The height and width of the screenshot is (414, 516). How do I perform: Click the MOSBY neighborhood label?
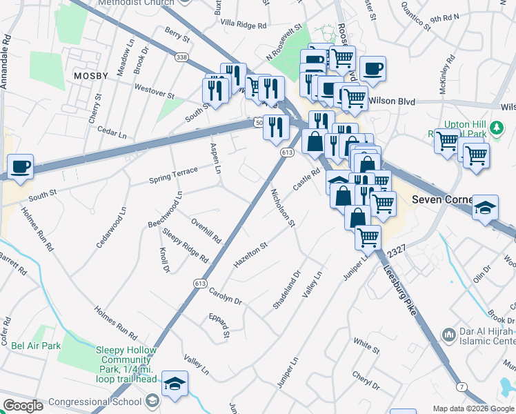coord(87,75)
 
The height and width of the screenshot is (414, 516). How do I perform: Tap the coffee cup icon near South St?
coord(21,166)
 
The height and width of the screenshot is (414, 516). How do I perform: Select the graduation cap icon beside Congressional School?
coord(175,383)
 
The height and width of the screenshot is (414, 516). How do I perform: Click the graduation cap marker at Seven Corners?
coord(485,208)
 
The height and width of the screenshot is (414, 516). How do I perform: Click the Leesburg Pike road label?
coord(403,293)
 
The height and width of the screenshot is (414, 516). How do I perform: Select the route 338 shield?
coord(181,57)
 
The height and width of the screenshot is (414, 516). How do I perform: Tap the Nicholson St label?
coord(283,208)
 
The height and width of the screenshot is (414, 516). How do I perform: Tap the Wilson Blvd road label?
coord(392,101)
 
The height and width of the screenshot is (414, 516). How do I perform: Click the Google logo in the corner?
coord(23,406)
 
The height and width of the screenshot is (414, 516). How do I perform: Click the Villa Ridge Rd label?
coord(243,25)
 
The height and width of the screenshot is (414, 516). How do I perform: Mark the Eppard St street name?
coord(221,325)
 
